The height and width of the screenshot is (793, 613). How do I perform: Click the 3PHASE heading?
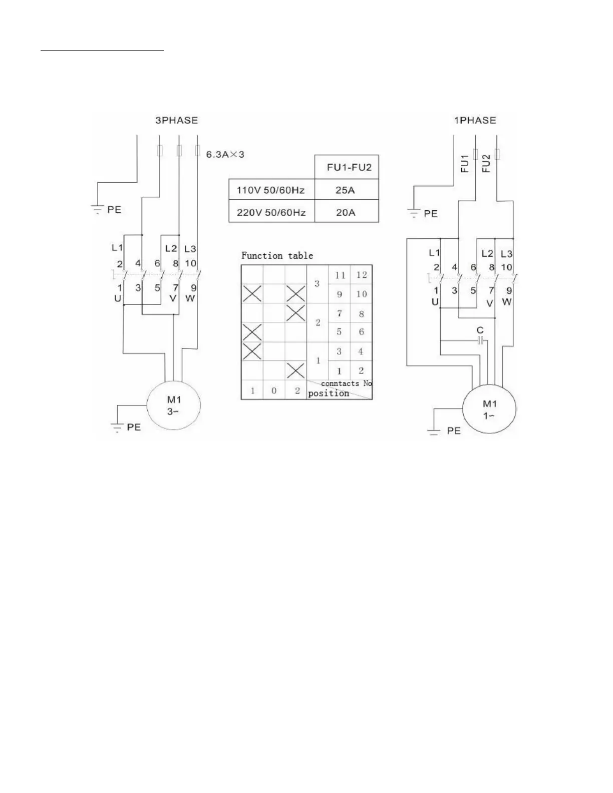point(176,120)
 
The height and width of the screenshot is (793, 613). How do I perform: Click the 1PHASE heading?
point(475,120)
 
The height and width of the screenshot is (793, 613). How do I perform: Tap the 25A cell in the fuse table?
point(346,190)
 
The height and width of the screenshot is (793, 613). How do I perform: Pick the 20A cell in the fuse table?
point(346,212)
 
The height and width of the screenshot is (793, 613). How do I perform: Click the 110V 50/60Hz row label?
point(270,190)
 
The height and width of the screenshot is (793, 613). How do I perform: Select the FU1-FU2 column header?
point(349,167)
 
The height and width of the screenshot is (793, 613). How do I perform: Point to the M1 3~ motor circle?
point(173,405)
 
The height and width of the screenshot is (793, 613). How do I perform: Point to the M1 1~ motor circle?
point(489,410)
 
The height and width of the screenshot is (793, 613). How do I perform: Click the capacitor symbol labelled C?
point(480,340)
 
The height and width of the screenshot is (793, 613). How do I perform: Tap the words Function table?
point(277,255)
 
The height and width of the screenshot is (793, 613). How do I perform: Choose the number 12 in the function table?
point(362,275)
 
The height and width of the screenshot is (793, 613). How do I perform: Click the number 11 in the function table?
point(340,275)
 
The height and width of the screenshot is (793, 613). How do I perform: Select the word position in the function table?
point(329,393)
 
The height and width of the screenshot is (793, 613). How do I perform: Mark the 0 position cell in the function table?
point(274,390)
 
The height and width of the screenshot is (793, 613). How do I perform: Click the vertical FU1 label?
point(465,163)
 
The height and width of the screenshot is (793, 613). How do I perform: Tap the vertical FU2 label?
point(486,163)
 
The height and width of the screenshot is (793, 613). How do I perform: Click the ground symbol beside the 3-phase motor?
point(117,428)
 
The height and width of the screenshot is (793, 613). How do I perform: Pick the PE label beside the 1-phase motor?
point(453,431)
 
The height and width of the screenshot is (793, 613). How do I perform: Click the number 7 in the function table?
point(340,314)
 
